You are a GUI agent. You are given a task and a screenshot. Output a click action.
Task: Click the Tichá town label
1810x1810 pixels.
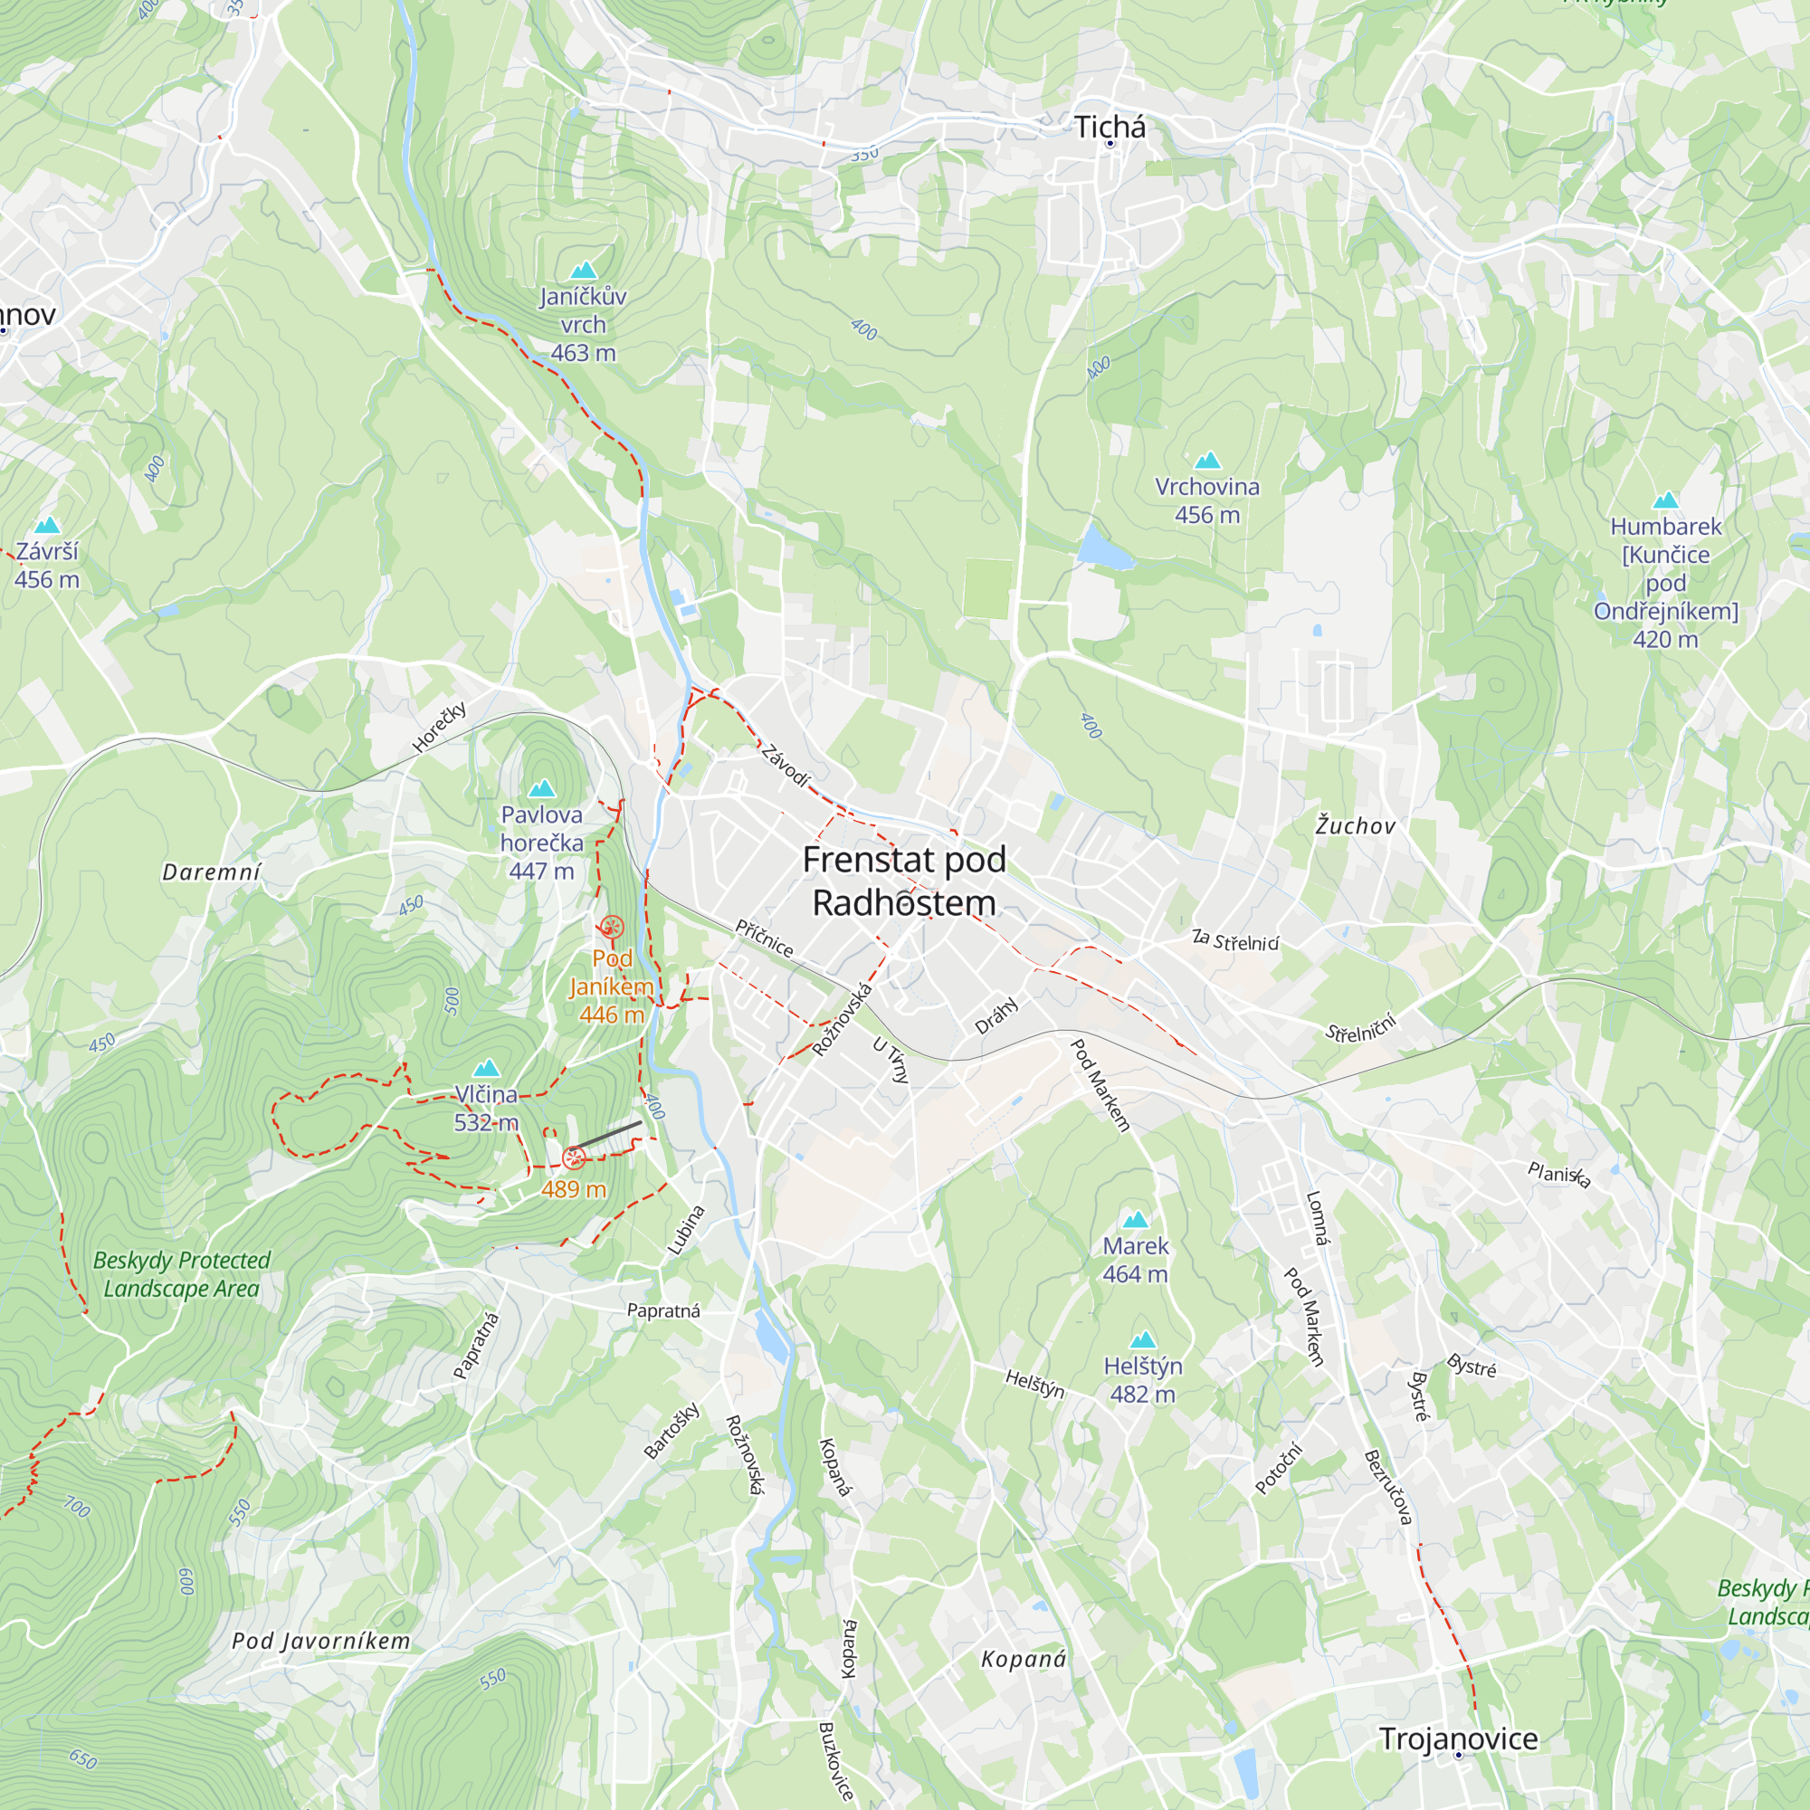(x=1110, y=128)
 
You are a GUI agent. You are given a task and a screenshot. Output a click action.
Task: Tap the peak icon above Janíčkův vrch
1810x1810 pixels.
(x=583, y=271)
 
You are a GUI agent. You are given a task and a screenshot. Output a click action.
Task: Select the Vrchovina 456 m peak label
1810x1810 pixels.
(x=1206, y=500)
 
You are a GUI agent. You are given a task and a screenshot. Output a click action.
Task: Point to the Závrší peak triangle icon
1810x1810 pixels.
(x=47, y=526)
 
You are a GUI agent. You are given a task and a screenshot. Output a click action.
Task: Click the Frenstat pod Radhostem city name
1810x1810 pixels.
(x=904, y=881)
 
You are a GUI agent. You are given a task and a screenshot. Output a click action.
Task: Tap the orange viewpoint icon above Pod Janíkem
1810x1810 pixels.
(x=612, y=928)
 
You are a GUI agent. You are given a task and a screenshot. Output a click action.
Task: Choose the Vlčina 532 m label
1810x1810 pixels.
(x=485, y=1108)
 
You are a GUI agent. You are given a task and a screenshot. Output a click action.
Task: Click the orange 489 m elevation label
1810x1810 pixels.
(x=574, y=1189)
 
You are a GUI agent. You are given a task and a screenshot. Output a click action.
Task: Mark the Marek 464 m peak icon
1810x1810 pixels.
(x=1136, y=1220)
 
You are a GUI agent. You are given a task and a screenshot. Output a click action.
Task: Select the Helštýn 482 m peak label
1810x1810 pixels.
(x=1143, y=1379)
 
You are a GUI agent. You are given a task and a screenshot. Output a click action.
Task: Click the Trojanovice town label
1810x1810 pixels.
(x=1458, y=1739)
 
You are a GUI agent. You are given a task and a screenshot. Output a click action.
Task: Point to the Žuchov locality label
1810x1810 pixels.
(x=1355, y=825)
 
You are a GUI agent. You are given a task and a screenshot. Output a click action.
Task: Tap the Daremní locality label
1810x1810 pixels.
(x=212, y=872)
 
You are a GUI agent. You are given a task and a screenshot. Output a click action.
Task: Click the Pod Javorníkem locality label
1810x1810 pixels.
(x=321, y=1641)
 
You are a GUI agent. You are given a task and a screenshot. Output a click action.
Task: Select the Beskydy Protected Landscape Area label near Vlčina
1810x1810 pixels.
(x=182, y=1274)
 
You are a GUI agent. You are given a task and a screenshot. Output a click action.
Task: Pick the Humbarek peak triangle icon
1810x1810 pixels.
(x=1666, y=500)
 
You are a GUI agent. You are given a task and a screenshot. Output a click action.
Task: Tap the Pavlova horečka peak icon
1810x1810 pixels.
(x=541, y=789)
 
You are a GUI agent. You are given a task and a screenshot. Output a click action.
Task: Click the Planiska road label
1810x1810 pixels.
(x=1558, y=1174)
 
